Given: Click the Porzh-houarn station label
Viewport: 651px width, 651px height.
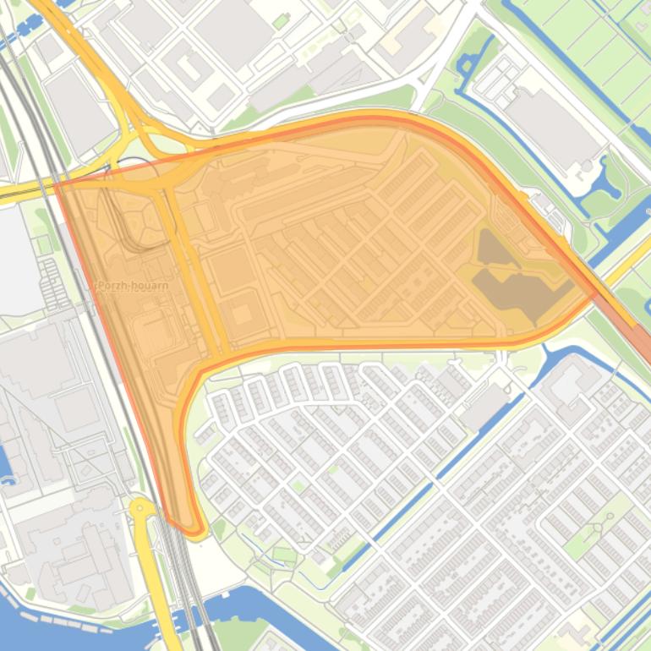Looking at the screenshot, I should coord(133,286).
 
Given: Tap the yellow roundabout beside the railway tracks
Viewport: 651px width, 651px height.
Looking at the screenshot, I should coord(140,509).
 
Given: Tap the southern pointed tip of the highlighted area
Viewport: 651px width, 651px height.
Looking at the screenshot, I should coord(193,531).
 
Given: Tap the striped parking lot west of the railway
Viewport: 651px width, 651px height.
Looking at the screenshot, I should coord(52,283).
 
